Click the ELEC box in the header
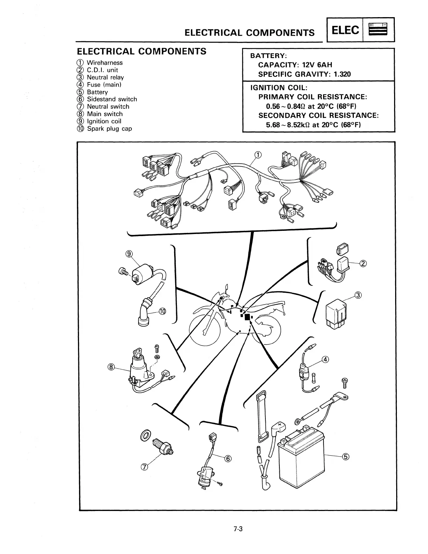pos(345,30)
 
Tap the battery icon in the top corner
pos(379,30)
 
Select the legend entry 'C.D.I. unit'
pos(102,70)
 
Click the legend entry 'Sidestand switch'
pos(112,99)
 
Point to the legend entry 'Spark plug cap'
pos(109,129)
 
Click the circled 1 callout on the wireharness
pos(257,155)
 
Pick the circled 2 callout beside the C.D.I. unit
pos(363,263)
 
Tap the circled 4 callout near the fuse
pos(326,359)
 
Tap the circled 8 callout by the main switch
pos(111,367)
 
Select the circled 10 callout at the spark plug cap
pos(163,311)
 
